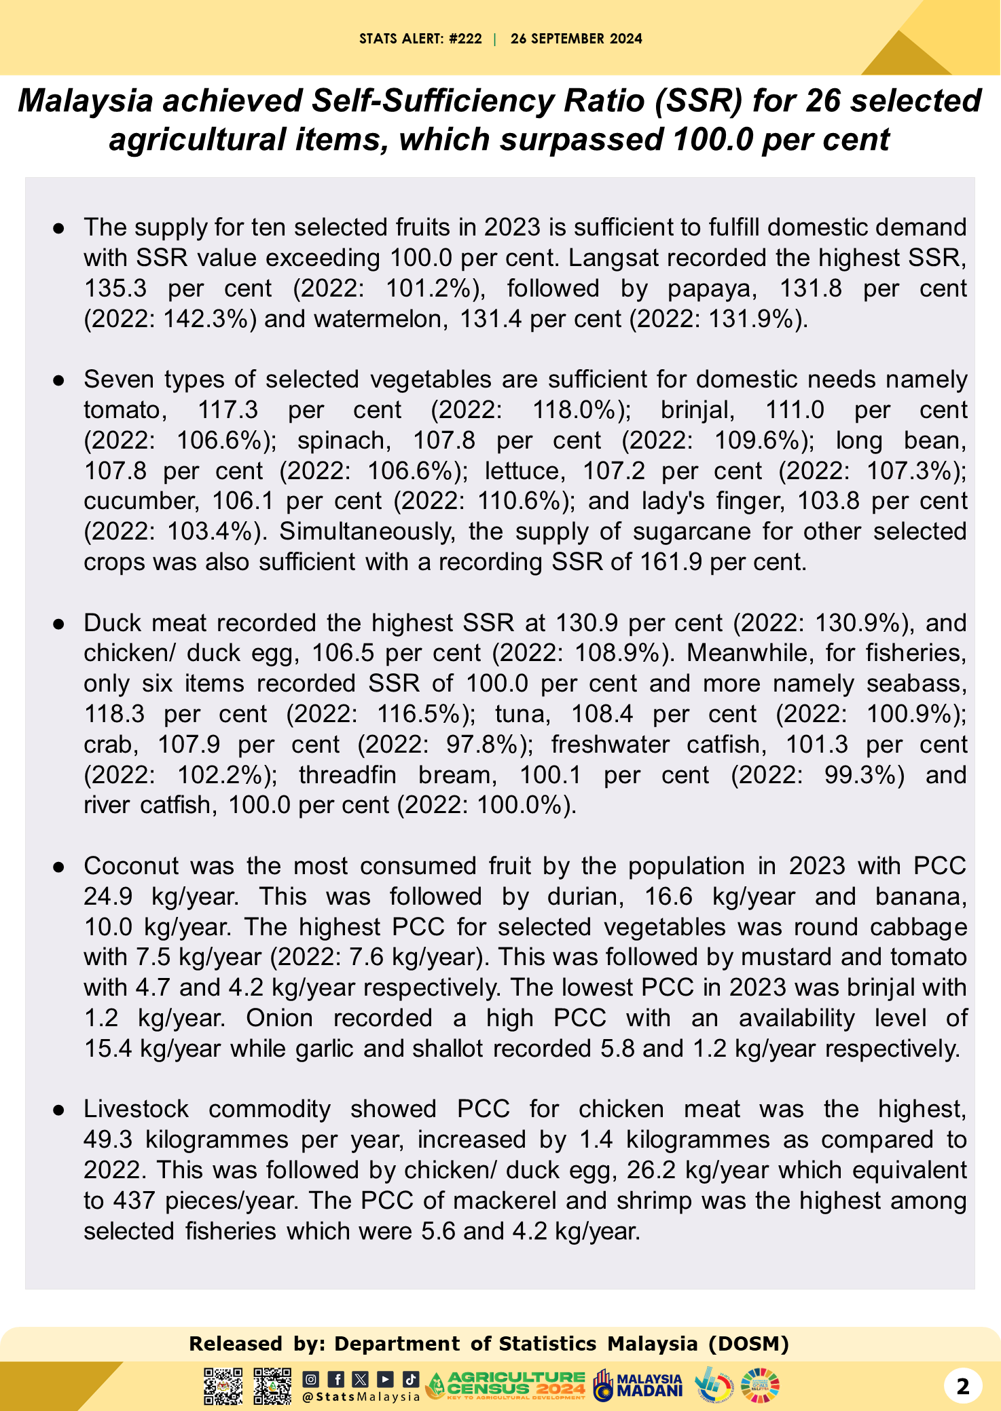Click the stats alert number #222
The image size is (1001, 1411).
[x=465, y=39]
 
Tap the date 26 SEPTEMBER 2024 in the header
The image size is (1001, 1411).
[x=576, y=39]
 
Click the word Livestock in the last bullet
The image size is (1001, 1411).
[x=136, y=1109]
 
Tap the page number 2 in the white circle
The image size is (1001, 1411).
[x=962, y=1386]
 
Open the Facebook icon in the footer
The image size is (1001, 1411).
[x=336, y=1379]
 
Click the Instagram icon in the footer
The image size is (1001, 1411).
[x=311, y=1379]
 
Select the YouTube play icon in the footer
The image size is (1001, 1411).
[x=385, y=1379]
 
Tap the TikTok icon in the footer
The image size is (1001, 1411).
[x=410, y=1379]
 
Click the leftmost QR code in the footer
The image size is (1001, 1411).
[x=223, y=1386]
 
